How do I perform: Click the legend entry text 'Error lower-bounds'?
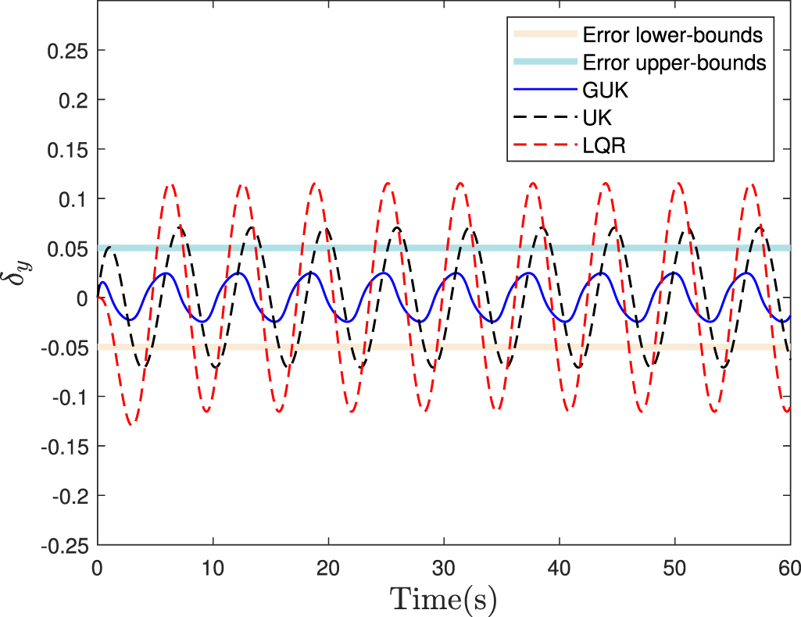tap(672, 34)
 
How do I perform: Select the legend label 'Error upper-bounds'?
tap(674, 62)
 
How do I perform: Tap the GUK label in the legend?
tap(606, 90)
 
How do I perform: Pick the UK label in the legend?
tap(597, 117)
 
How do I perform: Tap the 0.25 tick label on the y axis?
tap(69, 51)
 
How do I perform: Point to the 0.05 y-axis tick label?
tap(69, 248)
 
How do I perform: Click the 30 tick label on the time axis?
tap(444, 563)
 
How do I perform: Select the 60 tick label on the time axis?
tap(789, 563)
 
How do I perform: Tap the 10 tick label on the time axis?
tap(213, 563)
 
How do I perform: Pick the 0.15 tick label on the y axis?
tap(69, 150)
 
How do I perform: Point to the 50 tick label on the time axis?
tap(675, 563)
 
